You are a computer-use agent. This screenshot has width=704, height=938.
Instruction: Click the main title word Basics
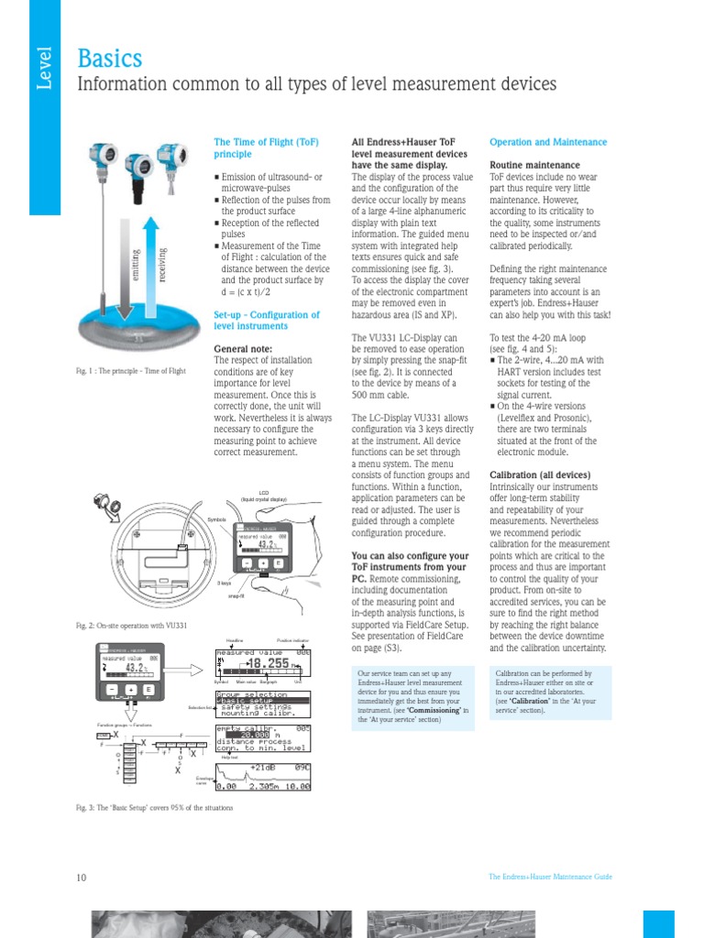coord(109,59)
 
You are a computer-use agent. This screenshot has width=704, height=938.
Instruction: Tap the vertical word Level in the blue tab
coord(43,69)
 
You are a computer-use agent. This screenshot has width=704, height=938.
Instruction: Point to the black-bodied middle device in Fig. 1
coord(140,169)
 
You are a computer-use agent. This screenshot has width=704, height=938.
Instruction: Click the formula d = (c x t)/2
coord(249,292)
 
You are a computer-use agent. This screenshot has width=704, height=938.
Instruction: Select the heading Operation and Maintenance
coord(547,143)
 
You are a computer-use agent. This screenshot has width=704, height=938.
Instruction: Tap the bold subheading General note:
coord(243,349)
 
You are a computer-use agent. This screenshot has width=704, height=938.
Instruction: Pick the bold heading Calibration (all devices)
coord(540,475)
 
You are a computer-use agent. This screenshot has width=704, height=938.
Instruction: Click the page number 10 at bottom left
coord(81,878)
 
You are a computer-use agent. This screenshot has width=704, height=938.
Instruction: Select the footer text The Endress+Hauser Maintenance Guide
coord(550,878)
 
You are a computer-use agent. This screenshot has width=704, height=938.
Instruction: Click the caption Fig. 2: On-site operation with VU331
coord(131,625)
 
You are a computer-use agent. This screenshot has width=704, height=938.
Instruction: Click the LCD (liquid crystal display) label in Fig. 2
coord(263,496)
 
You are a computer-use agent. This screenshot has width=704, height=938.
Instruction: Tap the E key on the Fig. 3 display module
coord(148,690)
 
